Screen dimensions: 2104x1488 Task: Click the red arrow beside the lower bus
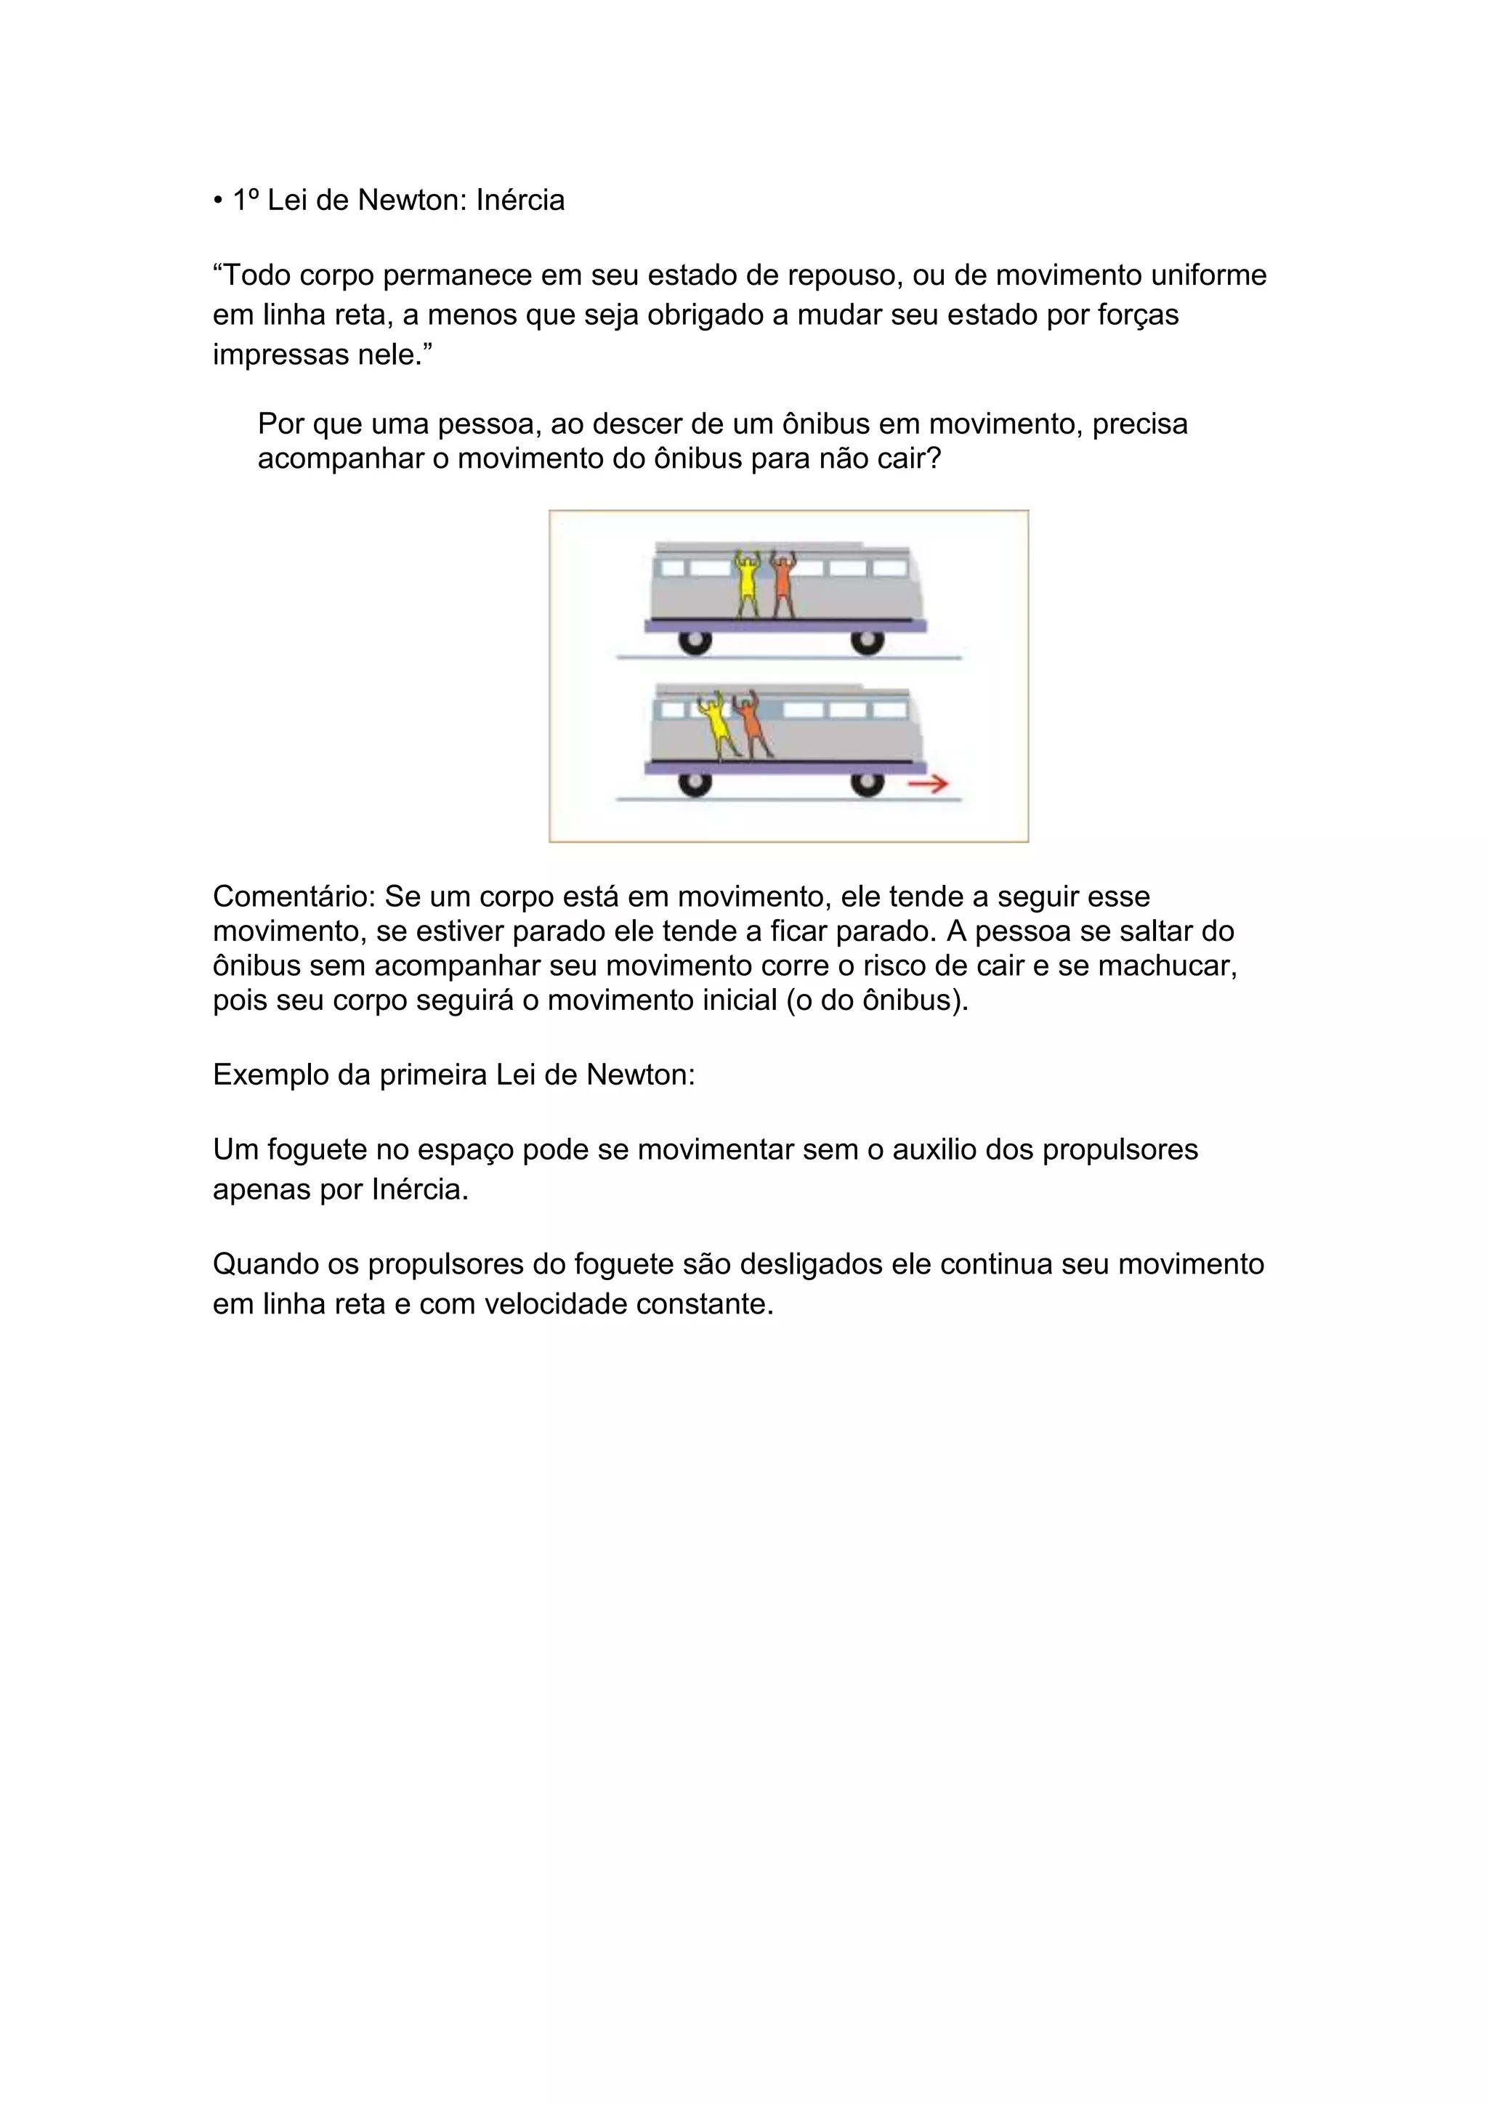point(927,785)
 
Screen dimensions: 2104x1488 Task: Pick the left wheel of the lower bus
point(695,783)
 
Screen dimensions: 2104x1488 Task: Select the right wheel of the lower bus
point(867,783)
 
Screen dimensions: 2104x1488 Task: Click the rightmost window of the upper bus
point(889,568)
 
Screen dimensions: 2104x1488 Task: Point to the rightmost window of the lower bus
point(889,709)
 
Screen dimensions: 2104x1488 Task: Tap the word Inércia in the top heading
point(519,200)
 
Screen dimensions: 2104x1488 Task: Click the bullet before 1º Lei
point(218,201)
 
